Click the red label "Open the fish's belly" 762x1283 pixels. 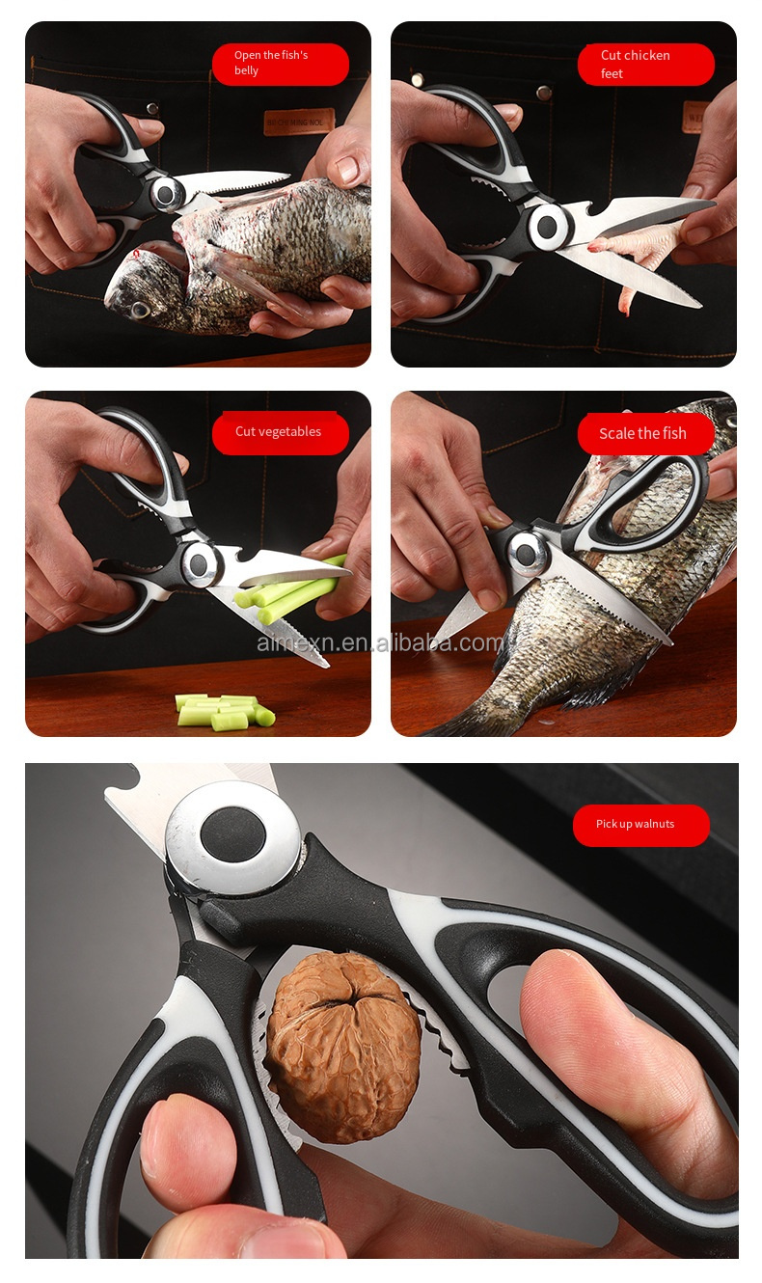(280, 64)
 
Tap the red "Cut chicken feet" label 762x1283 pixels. (645, 64)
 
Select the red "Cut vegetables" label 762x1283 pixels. (280, 432)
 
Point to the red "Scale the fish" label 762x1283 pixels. (645, 433)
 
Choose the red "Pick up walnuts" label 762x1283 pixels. (640, 825)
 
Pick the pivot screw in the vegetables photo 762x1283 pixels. (201, 562)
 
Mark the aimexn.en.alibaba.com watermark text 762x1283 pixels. (380, 642)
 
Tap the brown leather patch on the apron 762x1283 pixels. (298, 122)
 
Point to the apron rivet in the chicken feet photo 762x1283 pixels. (543, 94)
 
